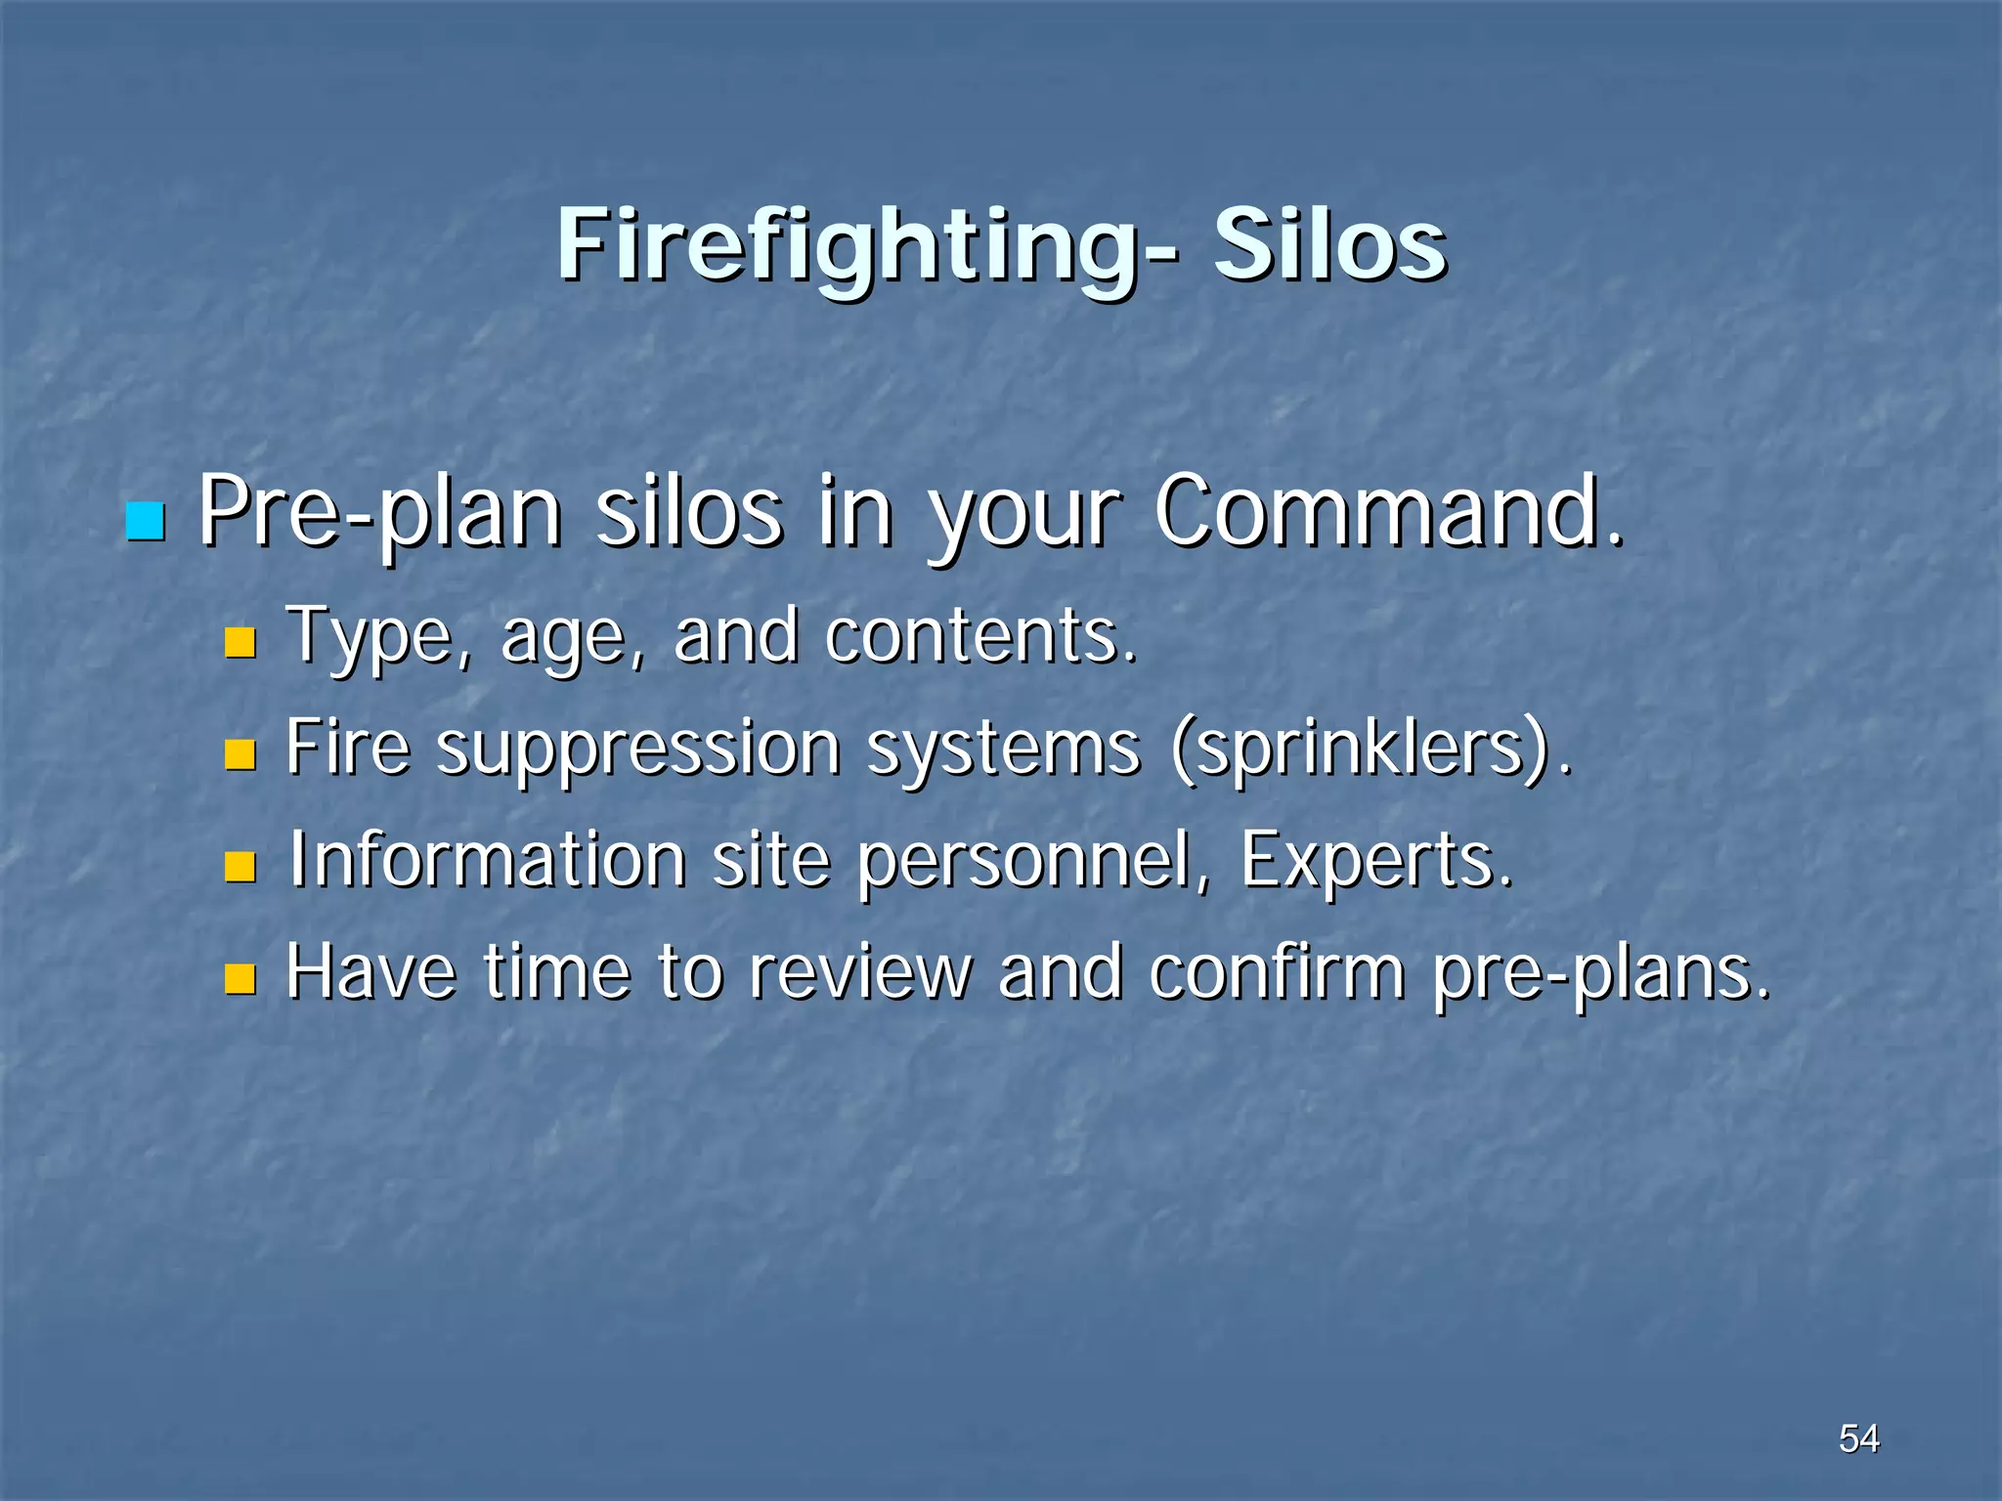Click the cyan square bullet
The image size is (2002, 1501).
tap(146, 522)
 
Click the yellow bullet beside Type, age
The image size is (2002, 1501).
tap(239, 642)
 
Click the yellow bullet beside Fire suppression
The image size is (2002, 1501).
tap(239, 754)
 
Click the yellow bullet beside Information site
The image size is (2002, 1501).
tap(239, 867)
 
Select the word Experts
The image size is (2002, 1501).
tap(1374, 861)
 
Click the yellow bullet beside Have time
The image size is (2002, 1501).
tap(239, 978)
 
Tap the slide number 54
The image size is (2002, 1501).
tap(1858, 1438)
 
